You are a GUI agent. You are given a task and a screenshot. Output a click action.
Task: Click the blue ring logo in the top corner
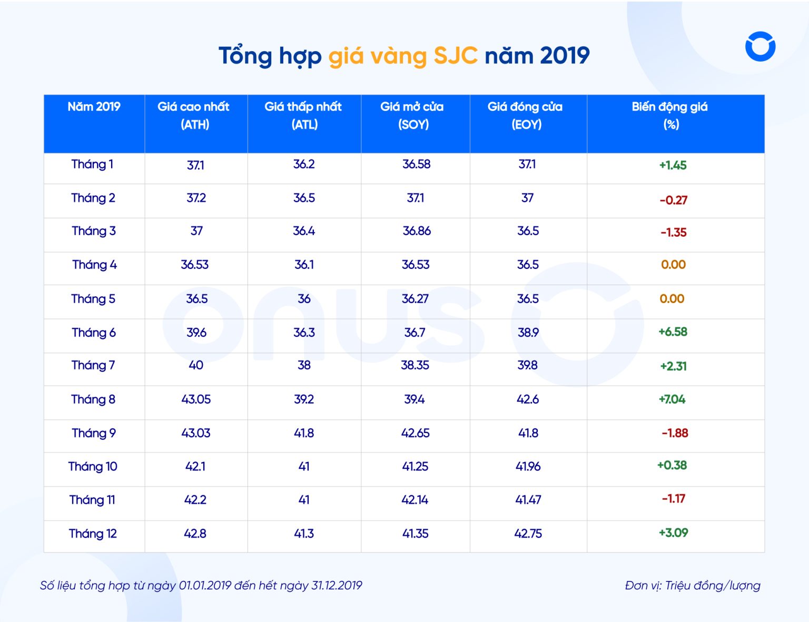click(x=760, y=46)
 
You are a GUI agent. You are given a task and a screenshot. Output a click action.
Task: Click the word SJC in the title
click(x=456, y=56)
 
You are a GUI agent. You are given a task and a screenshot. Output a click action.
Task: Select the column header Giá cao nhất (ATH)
click(x=194, y=115)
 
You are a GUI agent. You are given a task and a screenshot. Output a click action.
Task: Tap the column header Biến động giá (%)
click(x=670, y=115)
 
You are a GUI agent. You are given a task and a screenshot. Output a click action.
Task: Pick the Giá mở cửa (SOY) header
click(x=412, y=115)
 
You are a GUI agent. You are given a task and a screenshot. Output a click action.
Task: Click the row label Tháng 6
click(x=94, y=333)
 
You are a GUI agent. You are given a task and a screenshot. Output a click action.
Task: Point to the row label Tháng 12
click(x=93, y=534)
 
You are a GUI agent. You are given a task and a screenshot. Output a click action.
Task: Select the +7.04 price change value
click(x=672, y=399)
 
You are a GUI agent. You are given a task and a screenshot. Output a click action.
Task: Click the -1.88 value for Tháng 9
click(x=675, y=433)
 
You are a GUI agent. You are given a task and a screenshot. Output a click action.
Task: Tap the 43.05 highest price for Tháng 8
click(x=196, y=399)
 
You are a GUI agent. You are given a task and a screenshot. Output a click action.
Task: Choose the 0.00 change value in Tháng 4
click(x=673, y=265)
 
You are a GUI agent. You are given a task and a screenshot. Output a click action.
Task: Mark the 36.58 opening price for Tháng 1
click(x=416, y=164)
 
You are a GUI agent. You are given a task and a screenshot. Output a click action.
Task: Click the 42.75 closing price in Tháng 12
click(x=528, y=534)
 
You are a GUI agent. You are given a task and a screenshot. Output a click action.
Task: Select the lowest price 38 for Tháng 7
click(x=304, y=365)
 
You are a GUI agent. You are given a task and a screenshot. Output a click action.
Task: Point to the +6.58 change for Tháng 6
click(x=673, y=332)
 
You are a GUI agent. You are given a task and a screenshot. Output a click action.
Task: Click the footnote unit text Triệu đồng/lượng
click(x=712, y=586)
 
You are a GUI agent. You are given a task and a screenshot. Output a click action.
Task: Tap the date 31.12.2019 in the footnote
click(x=337, y=586)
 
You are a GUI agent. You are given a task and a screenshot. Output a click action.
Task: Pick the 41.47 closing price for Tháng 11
click(x=528, y=500)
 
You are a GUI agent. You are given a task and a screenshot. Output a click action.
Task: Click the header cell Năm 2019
click(x=94, y=107)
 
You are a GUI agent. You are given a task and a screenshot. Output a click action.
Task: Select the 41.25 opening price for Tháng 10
click(x=415, y=467)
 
